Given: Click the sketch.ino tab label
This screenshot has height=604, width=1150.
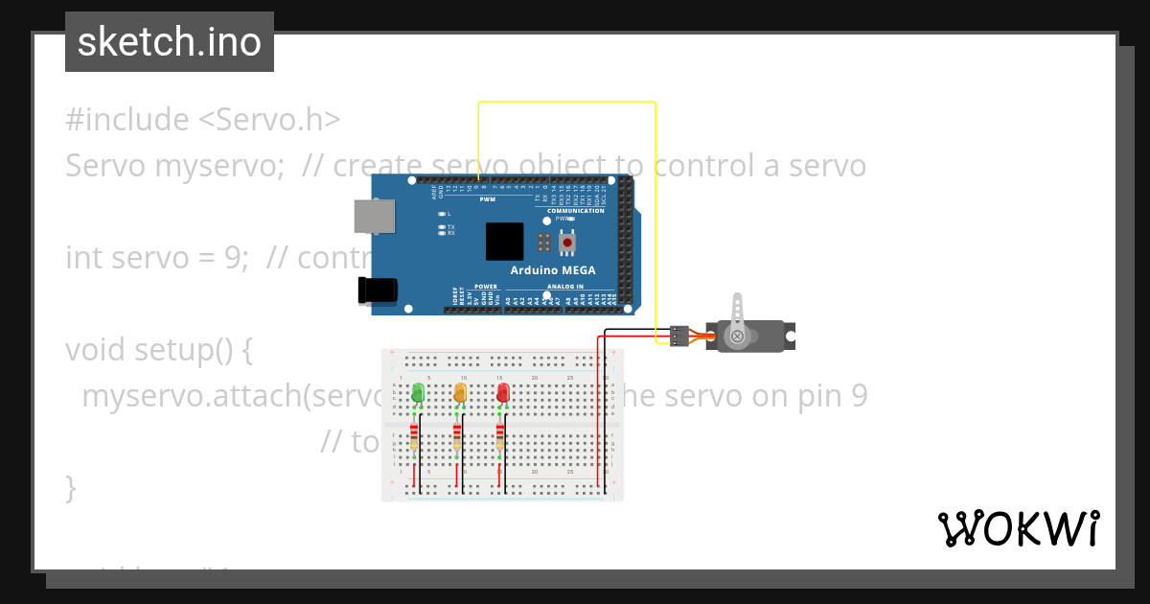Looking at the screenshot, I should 169,42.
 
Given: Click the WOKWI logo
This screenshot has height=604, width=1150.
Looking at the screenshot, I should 1017,528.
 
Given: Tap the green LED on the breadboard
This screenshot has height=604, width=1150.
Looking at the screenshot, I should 417,393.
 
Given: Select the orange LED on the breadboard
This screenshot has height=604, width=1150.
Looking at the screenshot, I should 459,393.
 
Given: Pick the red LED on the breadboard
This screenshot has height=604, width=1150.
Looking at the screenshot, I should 502,393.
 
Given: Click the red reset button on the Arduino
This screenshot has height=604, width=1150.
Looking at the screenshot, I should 567,243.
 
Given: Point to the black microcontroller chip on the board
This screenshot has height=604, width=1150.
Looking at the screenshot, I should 504,242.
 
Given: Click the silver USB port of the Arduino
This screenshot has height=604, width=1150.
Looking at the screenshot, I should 374,216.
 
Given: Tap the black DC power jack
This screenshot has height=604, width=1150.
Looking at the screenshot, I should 377,290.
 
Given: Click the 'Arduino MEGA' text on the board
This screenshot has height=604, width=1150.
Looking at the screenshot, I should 552,270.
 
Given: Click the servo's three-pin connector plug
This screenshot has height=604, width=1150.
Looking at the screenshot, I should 678,336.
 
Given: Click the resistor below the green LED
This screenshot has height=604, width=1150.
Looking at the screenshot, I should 414,437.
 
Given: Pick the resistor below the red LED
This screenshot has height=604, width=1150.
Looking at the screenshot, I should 499,437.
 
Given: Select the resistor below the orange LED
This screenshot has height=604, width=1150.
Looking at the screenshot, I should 456,437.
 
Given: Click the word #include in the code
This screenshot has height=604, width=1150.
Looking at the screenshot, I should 126,120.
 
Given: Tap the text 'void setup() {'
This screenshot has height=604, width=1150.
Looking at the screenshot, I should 159,350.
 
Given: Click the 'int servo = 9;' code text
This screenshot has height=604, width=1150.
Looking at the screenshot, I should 158,258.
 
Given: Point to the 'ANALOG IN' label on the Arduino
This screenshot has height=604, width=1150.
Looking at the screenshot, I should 565,287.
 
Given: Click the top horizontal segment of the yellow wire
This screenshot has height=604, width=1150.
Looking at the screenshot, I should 565,102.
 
